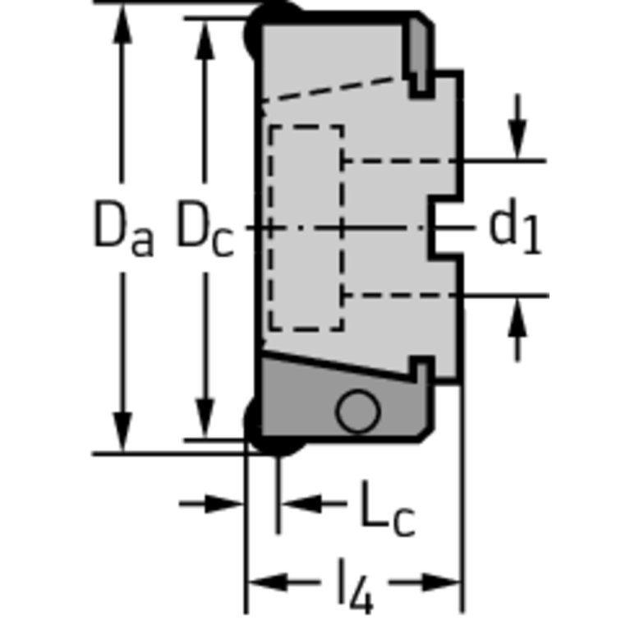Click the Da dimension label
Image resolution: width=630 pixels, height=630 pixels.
pos(123,228)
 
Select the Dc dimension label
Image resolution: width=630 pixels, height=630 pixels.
pos(205,228)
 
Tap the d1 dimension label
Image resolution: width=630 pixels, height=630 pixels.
pos(515,226)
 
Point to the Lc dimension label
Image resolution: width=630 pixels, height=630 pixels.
pos(388,508)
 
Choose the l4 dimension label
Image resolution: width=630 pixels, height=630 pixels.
pos(356,586)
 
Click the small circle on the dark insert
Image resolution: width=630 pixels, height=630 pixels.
pos(357,412)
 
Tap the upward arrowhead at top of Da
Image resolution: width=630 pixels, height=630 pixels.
pos(122,23)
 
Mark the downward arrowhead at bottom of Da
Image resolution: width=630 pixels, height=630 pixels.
pos(122,432)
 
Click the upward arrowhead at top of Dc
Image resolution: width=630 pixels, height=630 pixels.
pos(205,39)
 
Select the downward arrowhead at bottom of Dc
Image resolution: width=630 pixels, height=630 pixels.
pos(205,419)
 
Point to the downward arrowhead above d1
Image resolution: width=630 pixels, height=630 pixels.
pos(517,140)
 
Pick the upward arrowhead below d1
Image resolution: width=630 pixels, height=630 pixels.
pos(517,316)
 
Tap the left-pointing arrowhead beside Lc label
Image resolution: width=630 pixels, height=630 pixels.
pos(301,504)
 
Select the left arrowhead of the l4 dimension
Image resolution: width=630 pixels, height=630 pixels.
pos(268,582)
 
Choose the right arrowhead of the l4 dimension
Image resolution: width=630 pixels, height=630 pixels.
pos(441,582)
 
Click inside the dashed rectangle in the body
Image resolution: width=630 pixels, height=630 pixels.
pos(306,228)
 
